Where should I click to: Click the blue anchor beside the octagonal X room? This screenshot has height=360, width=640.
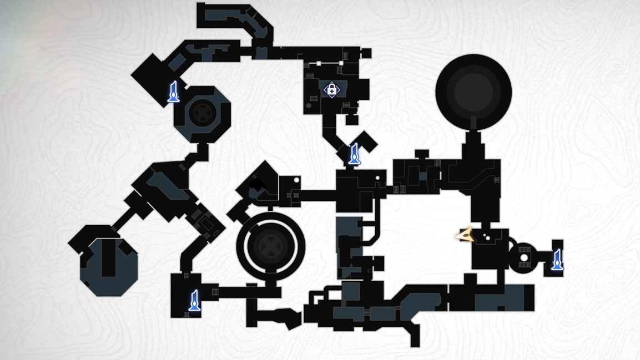coord(174,92)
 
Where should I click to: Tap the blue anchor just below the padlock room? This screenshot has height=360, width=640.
coord(354,154)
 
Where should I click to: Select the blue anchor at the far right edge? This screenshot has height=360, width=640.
coord(557,259)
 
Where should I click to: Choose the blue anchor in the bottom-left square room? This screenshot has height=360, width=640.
coord(194,300)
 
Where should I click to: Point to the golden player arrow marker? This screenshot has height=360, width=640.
coord(464,236)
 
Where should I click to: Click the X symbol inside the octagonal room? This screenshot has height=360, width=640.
coord(202,111)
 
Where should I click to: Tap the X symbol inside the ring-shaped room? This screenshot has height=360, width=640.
coord(270,246)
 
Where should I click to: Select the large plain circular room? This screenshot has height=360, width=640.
coord(473,92)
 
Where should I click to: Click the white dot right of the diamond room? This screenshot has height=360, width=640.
coord(296,180)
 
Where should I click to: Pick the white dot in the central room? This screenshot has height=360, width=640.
coord(378,179)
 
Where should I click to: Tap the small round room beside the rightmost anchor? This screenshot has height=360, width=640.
coord(524,257)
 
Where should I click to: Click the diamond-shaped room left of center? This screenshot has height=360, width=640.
coord(258,181)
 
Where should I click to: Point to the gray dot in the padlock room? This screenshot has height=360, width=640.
coord(309,106)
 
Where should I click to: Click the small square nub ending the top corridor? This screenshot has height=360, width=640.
coord(366,53)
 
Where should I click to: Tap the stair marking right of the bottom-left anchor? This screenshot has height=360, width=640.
coord(215,292)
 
